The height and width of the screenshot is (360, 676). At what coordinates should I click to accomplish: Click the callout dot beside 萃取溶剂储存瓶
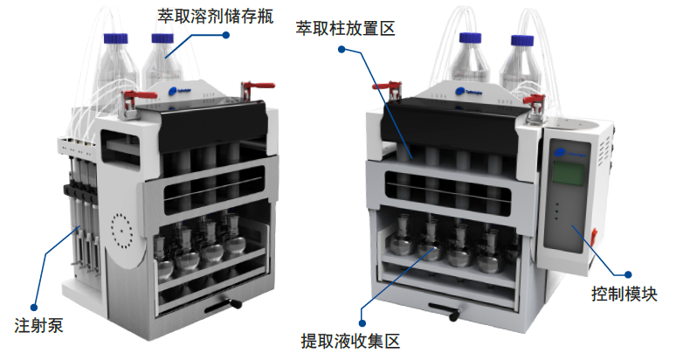click(x=225, y=36)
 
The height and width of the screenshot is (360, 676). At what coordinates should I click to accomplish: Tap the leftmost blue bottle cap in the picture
click(x=116, y=38)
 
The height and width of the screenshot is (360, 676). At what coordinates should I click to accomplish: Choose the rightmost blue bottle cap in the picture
click(x=521, y=41)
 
